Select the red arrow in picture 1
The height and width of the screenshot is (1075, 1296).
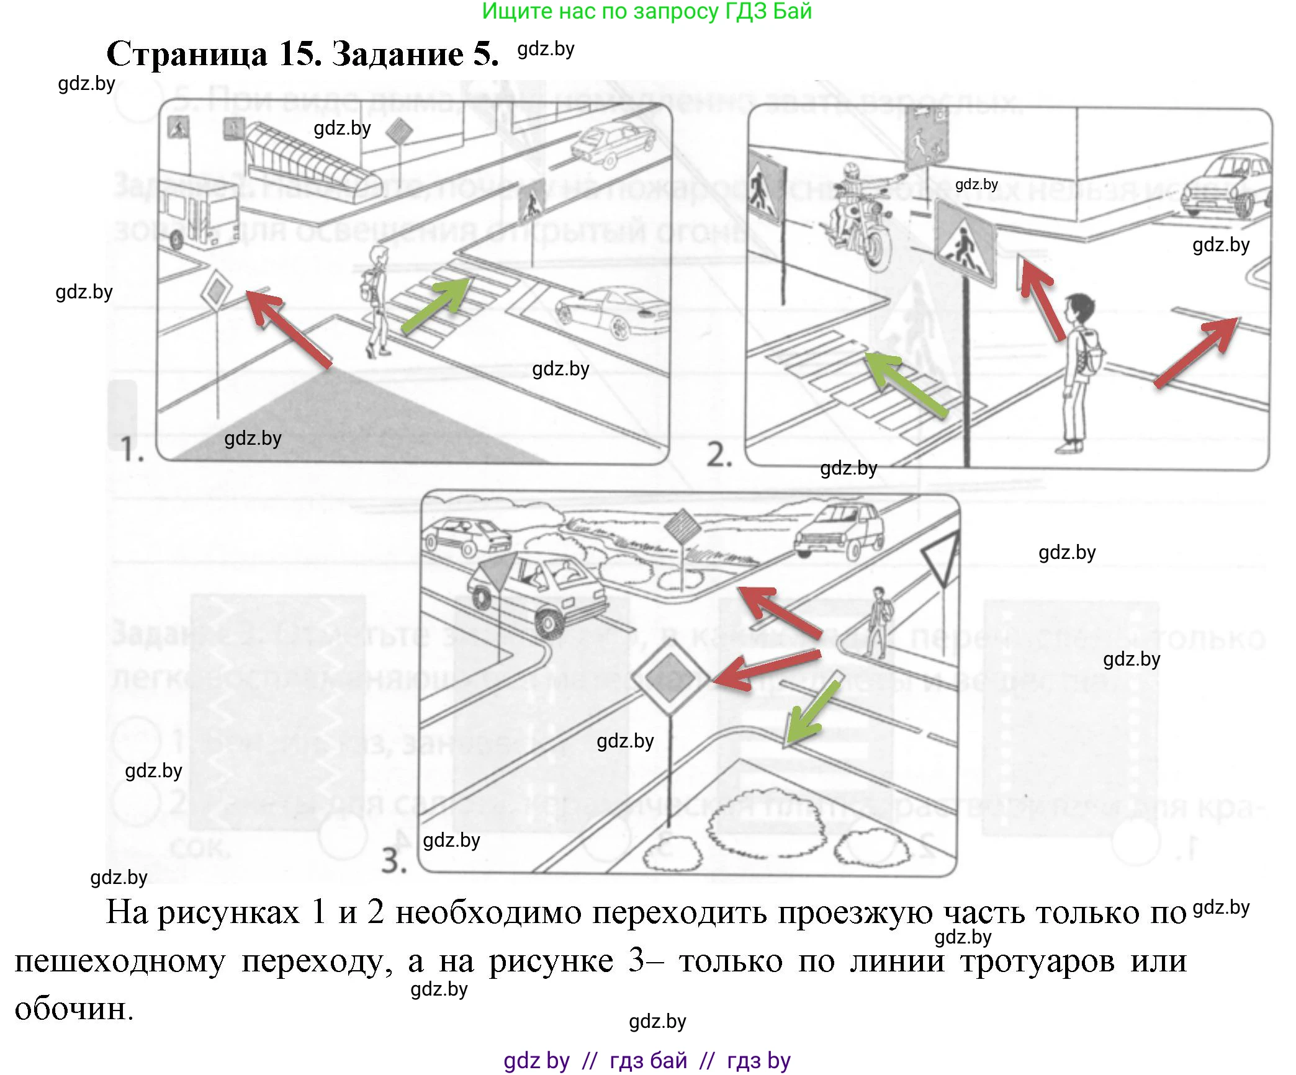(x=289, y=329)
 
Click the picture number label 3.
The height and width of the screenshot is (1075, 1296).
(x=394, y=860)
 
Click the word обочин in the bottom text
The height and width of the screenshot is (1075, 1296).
(x=73, y=1009)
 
